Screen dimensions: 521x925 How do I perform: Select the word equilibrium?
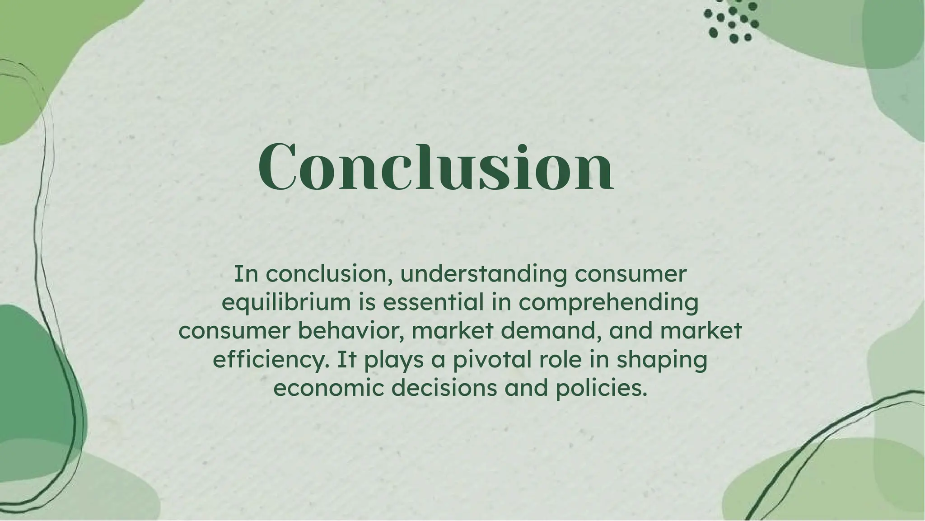tap(286, 303)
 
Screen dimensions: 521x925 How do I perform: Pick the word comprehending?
tap(608, 303)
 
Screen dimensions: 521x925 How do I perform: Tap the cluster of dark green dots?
tap(731, 21)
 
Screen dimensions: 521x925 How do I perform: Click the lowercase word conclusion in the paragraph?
tap(328, 274)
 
